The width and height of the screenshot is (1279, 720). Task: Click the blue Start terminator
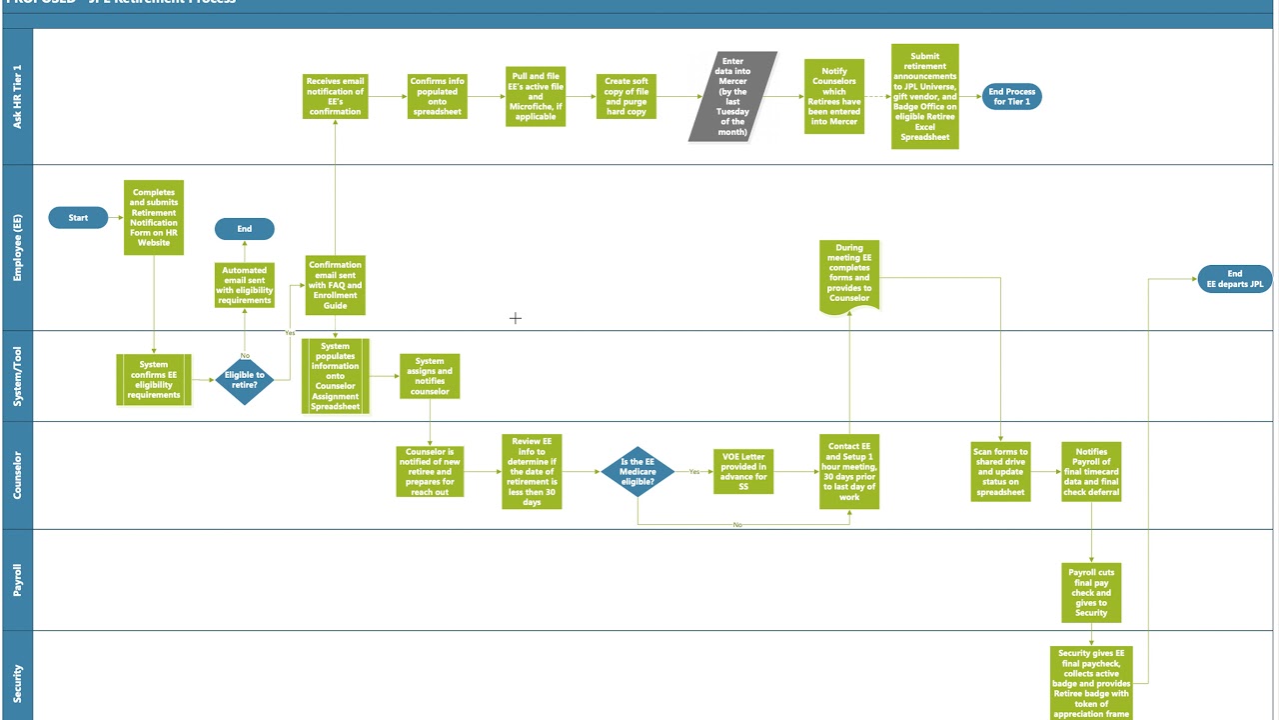click(x=78, y=217)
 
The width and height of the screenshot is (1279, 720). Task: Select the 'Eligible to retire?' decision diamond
click(x=244, y=380)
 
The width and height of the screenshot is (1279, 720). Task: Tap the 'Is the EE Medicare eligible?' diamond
click(x=638, y=472)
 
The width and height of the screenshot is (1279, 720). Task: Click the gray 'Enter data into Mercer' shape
click(x=732, y=97)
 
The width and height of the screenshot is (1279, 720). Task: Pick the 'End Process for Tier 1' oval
click(x=1011, y=97)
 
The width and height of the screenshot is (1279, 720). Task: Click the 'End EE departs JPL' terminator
click(x=1234, y=279)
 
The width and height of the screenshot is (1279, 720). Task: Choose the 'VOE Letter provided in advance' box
click(x=743, y=472)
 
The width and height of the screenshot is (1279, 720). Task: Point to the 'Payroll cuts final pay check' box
click(x=1091, y=593)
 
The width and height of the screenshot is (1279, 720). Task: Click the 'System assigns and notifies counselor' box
click(x=430, y=376)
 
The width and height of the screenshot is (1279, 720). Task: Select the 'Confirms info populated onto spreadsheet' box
click(x=437, y=97)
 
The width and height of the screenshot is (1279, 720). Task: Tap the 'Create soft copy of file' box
click(x=627, y=97)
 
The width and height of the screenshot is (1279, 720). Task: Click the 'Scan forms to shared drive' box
click(x=1000, y=472)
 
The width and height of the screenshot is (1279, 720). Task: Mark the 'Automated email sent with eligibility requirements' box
click(x=244, y=285)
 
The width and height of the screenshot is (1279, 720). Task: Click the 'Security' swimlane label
click(x=17, y=683)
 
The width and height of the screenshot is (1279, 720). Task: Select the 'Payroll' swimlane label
click(x=17, y=580)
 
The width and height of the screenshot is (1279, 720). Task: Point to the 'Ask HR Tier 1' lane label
click(x=17, y=97)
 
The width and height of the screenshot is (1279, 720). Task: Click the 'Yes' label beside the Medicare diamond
click(x=693, y=472)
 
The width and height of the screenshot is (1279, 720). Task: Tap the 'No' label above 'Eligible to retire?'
click(x=245, y=355)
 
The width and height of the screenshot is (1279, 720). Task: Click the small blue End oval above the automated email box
click(x=244, y=229)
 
